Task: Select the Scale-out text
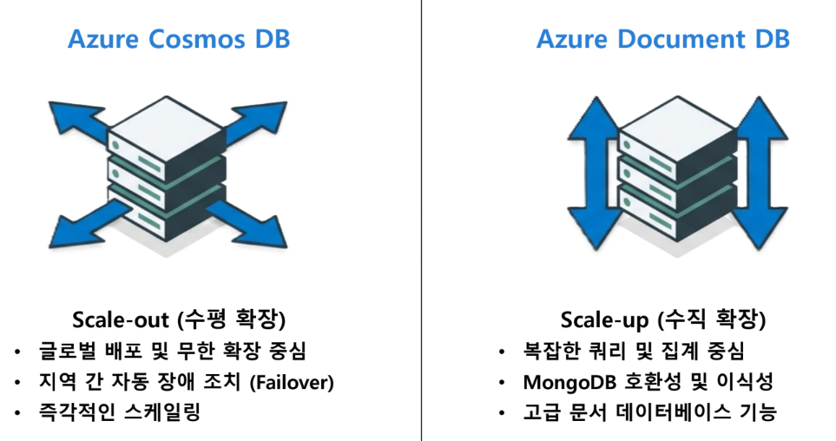[122, 319]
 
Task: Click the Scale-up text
[605, 320]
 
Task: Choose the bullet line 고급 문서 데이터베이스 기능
[649, 411]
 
